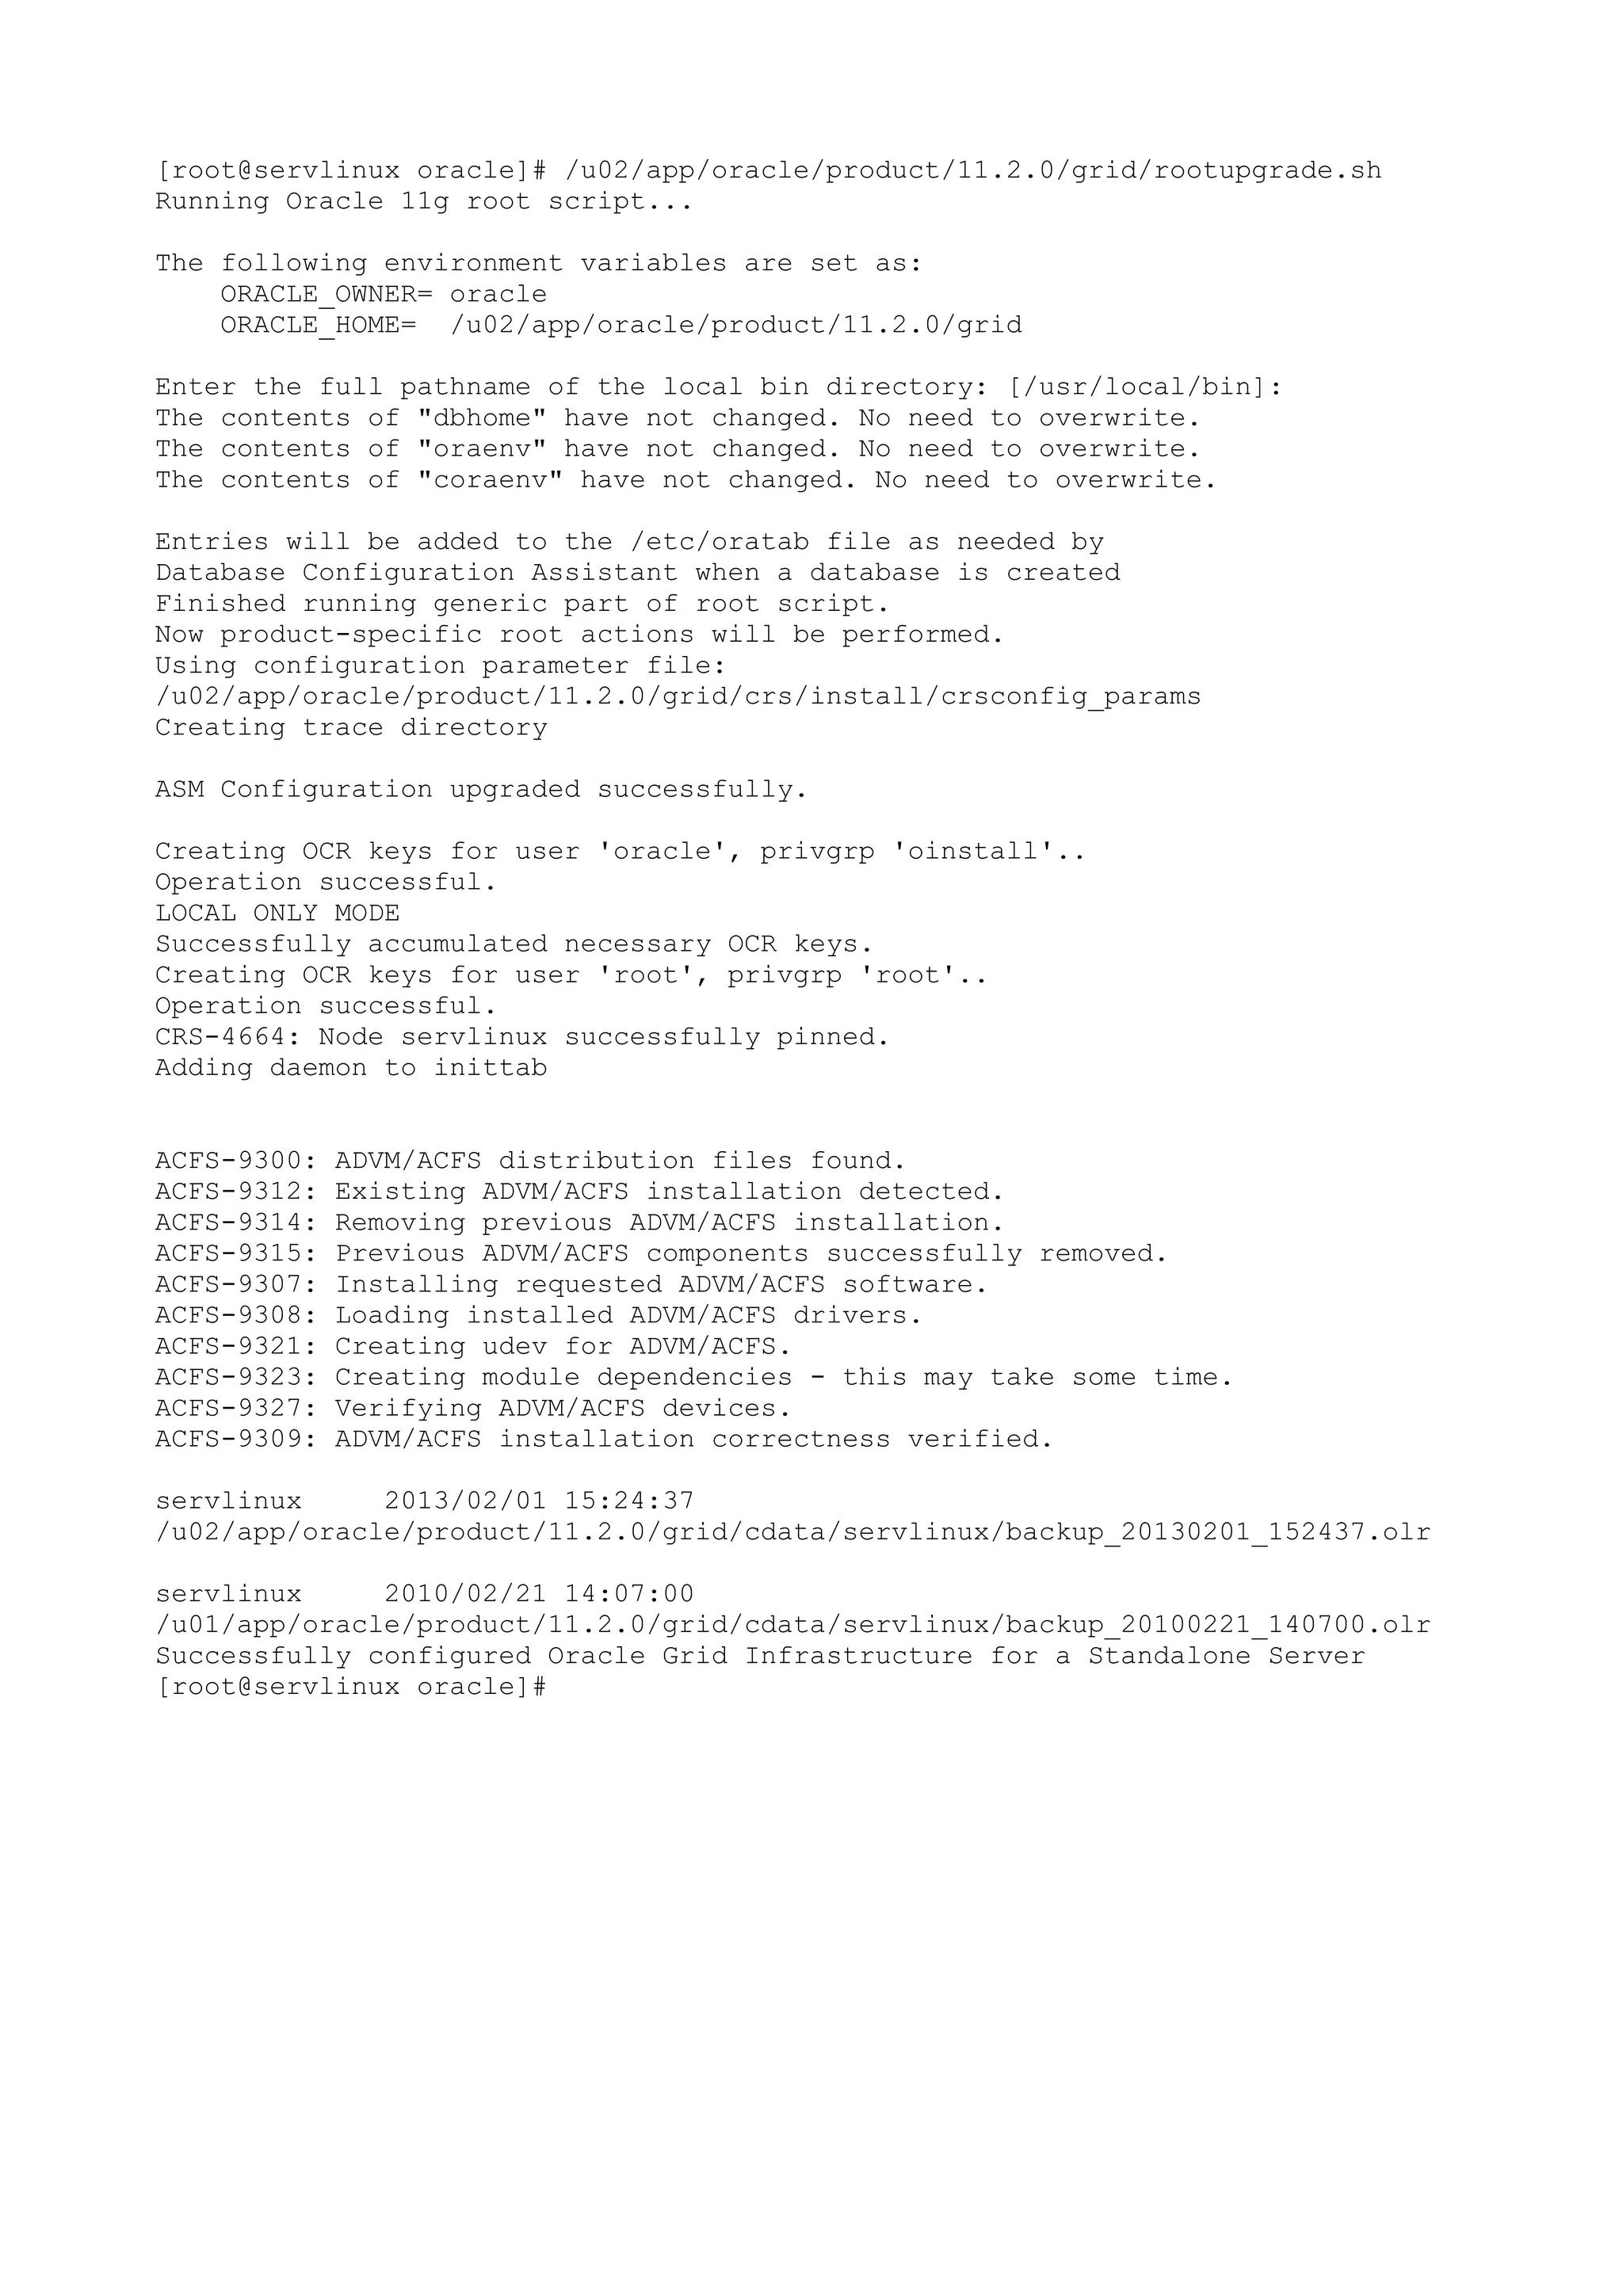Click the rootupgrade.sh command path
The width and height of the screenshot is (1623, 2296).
[x=973, y=171]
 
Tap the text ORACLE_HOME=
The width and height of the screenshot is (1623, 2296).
[x=318, y=326]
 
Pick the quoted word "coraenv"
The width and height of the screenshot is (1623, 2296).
[x=490, y=481]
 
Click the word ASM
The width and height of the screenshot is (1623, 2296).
[x=179, y=790]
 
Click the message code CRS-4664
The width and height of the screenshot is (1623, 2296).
[x=220, y=1038]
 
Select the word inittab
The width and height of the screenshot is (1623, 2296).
[x=490, y=1069]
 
